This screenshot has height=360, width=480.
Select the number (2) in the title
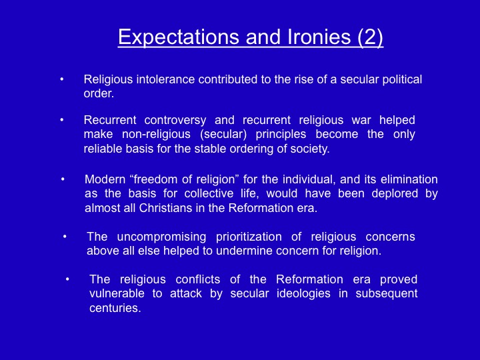(370, 37)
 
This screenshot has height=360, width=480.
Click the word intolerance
(165, 79)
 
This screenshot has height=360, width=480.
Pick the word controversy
(175, 120)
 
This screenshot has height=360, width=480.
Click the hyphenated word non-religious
(156, 134)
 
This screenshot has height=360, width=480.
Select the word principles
(281, 134)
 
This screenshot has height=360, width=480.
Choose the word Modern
(105, 179)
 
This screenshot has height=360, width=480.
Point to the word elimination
(409, 179)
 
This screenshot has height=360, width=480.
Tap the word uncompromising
(161, 237)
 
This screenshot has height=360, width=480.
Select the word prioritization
(249, 237)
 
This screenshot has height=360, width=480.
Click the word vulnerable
(117, 293)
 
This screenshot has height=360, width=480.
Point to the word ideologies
(303, 293)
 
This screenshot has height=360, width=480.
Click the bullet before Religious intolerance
(62, 79)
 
